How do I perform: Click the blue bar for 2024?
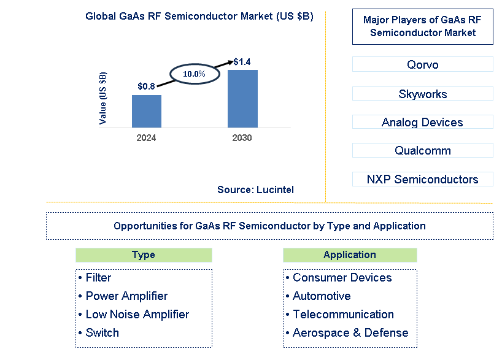[147, 111]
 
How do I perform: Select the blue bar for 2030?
[242, 99]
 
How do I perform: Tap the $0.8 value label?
[146, 86]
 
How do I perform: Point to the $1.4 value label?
[242, 62]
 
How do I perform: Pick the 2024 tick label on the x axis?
[146, 138]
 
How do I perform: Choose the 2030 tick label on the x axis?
[242, 138]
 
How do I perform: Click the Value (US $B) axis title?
[103, 98]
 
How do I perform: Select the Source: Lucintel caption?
[255, 190]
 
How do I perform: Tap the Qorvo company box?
[422, 64]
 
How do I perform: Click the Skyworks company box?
[422, 94]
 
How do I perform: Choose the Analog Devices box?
[422, 122]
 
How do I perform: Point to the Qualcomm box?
[422, 150]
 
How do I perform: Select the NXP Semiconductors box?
[422, 179]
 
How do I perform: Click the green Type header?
[144, 255]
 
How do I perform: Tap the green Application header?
[350, 255]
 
